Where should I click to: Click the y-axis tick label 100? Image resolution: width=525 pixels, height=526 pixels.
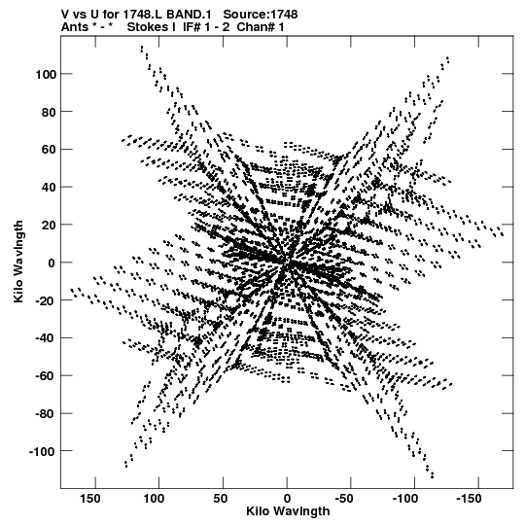point(46,74)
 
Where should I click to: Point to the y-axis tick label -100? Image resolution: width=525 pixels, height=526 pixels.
point(42,451)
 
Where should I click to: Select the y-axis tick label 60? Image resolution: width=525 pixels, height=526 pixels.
point(49,150)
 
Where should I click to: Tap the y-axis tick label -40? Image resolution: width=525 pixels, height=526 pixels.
point(46,338)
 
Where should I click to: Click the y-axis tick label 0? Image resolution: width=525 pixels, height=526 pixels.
point(52,263)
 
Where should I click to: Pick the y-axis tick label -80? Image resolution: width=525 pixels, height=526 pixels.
point(46,413)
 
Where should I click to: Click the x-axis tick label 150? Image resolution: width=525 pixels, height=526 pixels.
point(90,499)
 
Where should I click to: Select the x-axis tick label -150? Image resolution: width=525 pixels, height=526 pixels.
point(469,499)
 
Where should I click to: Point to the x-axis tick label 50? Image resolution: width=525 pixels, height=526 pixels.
point(220,499)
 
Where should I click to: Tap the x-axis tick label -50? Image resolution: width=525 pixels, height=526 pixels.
point(344,499)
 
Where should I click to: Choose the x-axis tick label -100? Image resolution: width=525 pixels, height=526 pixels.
point(405,499)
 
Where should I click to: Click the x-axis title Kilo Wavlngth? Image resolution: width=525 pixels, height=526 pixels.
point(288,511)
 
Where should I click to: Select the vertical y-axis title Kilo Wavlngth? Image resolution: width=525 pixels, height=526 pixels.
point(18,262)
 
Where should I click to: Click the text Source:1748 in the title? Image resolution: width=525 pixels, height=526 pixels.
point(261,15)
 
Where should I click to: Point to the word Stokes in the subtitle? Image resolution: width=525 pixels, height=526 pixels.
point(152,27)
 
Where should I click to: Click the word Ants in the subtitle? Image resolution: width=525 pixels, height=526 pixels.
point(75,27)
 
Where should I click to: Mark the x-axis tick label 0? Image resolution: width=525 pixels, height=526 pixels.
point(287,499)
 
